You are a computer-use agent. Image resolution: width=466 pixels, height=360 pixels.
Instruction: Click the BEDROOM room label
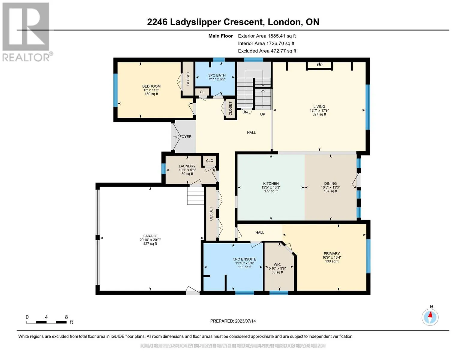tap(151, 86)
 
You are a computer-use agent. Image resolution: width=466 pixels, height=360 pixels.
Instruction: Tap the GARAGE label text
tap(150, 236)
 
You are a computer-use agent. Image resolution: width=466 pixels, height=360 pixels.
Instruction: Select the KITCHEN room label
tap(271, 183)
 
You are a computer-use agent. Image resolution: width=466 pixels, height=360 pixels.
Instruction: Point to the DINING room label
tap(330, 183)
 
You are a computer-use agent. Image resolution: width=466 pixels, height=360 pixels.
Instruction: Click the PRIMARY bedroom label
tap(332, 253)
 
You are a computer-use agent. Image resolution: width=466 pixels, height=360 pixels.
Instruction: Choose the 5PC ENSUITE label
tap(245, 259)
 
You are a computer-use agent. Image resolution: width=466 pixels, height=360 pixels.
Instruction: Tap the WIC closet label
tap(277, 265)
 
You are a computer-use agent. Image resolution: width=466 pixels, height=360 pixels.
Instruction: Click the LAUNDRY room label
tap(187, 166)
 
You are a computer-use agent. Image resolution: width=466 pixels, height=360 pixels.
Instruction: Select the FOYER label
tap(185, 136)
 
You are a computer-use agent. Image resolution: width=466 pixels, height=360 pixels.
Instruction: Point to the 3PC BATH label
tap(217, 75)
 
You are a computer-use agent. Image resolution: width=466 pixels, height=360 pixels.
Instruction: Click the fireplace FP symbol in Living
tap(320, 65)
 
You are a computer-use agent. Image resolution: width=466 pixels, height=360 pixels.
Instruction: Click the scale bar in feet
tap(46, 322)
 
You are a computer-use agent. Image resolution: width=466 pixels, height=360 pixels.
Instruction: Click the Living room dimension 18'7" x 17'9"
tap(319, 110)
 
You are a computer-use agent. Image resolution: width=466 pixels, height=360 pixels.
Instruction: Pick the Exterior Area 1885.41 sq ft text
tap(267, 36)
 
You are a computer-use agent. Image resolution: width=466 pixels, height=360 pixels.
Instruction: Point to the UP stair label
tap(263, 114)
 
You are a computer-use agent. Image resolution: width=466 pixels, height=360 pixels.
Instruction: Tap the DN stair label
tap(245, 112)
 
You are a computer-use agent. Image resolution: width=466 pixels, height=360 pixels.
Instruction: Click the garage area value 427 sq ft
tap(150, 244)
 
